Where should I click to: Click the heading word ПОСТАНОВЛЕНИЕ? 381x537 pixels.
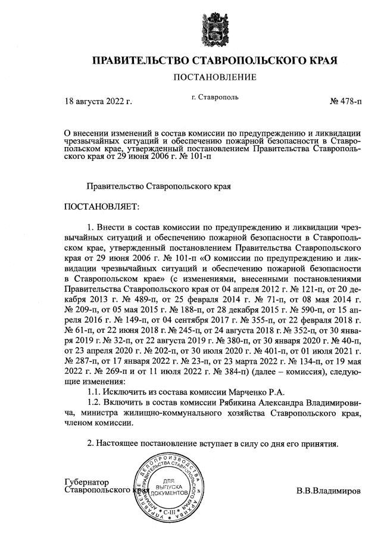coord(214,77)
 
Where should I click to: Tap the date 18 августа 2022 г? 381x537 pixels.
coord(98,102)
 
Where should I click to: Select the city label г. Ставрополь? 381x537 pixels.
coord(215,97)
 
